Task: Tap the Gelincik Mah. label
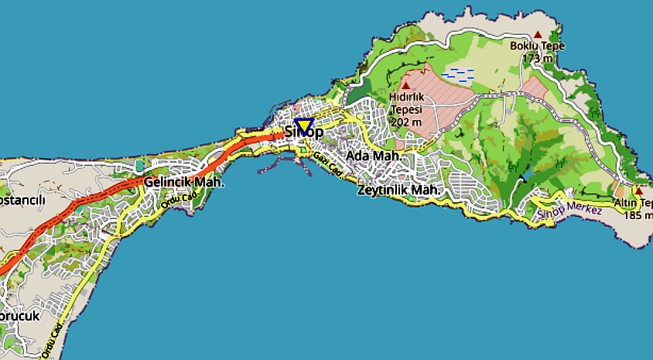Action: [183, 183]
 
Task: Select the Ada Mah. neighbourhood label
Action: [374, 156]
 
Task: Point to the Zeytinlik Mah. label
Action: [398, 190]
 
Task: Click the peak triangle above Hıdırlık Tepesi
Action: [405, 86]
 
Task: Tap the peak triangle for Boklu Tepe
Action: [538, 35]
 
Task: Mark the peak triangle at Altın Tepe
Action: [638, 190]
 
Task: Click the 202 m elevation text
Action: [406, 122]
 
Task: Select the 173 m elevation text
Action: [537, 58]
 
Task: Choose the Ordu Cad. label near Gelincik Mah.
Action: [174, 201]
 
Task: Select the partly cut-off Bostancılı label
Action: [22, 201]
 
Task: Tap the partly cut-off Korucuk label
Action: [19, 317]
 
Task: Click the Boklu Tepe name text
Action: [537, 46]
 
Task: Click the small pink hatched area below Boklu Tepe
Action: [533, 86]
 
